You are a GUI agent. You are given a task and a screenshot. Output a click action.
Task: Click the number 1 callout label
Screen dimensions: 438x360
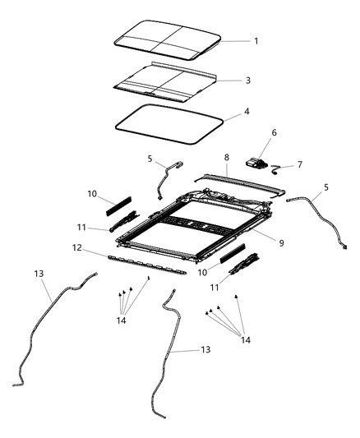256,40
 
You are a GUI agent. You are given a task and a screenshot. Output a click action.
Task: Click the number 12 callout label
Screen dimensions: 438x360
99,247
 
